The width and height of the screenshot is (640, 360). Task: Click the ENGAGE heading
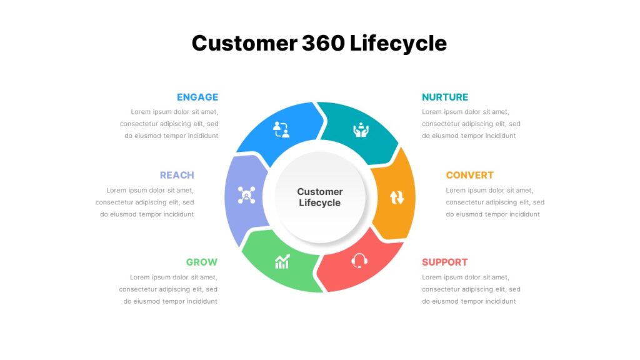(x=197, y=97)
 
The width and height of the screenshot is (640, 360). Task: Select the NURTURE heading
(x=445, y=97)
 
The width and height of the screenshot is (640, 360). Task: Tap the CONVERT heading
(x=470, y=175)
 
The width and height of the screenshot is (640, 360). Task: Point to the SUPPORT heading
(x=445, y=262)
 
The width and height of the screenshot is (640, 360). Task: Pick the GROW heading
(x=202, y=262)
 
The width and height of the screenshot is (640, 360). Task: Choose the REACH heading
(x=177, y=175)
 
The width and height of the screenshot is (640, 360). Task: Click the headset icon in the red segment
(x=359, y=261)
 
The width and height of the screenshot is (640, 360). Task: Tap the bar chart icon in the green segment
(x=282, y=261)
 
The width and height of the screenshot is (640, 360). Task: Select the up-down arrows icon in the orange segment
(x=397, y=197)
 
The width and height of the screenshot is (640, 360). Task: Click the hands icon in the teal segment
(x=361, y=130)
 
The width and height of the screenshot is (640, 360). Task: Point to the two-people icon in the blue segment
(x=281, y=129)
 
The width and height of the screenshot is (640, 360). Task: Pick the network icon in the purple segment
(x=246, y=195)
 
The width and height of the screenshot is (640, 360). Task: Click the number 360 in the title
(x=323, y=43)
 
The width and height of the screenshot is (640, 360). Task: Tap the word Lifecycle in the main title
(x=398, y=43)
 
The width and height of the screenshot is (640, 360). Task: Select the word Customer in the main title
(x=244, y=43)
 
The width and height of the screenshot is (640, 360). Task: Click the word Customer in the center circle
(x=320, y=191)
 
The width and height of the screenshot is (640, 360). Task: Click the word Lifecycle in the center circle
(x=319, y=202)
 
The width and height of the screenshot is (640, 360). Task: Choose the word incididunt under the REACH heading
(x=178, y=214)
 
